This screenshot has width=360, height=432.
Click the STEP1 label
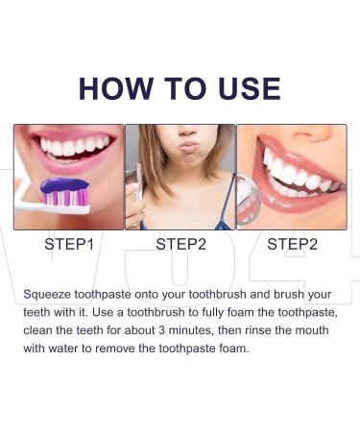[x=69, y=244]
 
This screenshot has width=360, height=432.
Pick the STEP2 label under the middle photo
[x=180, y=244]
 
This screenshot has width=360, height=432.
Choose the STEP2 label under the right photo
[x=292, y=244]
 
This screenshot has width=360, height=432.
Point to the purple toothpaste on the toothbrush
[x=65, y=184]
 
